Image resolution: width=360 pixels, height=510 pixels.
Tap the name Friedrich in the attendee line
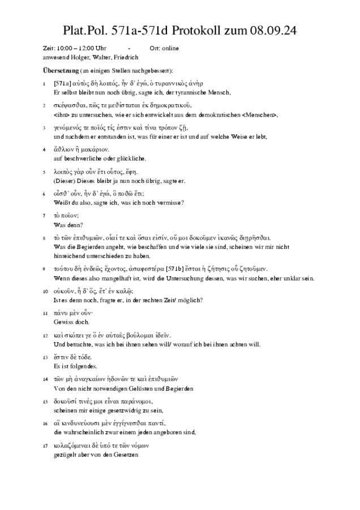pyautogui.click(x=126, y=58)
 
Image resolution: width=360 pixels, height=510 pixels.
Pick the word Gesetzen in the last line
pyautogui.click(x=126, y=455)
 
